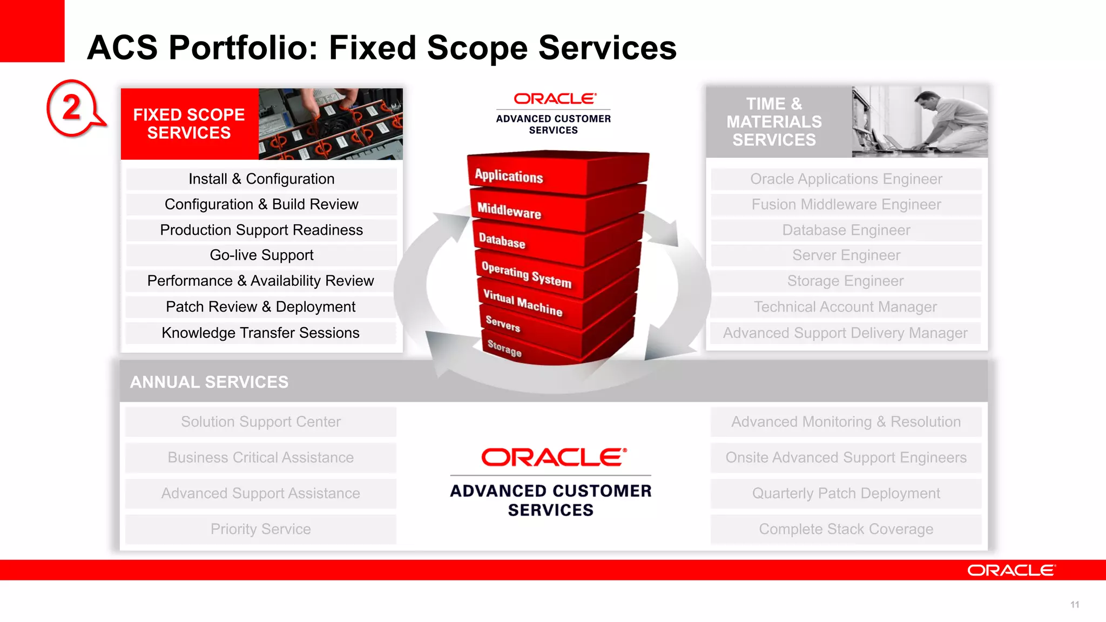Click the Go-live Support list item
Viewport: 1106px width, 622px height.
pyautogui.click(x=261, y=255)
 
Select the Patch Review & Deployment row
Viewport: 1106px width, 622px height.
pyautogui.click(x=261, y=307)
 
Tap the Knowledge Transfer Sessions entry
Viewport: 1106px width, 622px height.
pyautogui.click(x=261, y=333)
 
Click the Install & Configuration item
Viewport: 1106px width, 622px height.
pyautogui.click(x=261, y=179)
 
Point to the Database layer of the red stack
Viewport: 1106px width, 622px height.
pyautogui.click(x=502, y=241)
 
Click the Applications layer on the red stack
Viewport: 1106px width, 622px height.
pyautogui.click(x=509, y=176)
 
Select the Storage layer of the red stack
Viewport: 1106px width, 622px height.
pyautogui.click(x=504, y=348)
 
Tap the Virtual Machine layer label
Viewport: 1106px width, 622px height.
pyautogui.click(x=522, y=302)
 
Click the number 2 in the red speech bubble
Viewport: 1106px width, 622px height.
pyautogui.click(x=72, y=107)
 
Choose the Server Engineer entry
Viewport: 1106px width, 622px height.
pyautogui.click(x=846, y=255)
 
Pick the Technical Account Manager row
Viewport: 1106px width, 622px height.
pyautogui.click(x=845, y=307)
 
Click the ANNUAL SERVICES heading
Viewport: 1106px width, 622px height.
pyautogui.click(x=209, y=382)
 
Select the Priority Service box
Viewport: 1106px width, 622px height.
pyautogui.click(x=261, y=529)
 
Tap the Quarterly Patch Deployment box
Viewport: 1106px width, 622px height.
pyautogui.click(x=846, y=493)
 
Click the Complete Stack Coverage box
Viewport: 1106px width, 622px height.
pyautogui.click(x=846, y=529)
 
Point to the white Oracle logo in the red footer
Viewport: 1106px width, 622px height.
pyautogui.click(x=1010, y=571)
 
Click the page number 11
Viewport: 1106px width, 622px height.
pyautogui.click(x=1075, y=605)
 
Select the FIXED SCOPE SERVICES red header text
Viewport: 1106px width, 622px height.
pyautogui.click(x=189, y=124)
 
